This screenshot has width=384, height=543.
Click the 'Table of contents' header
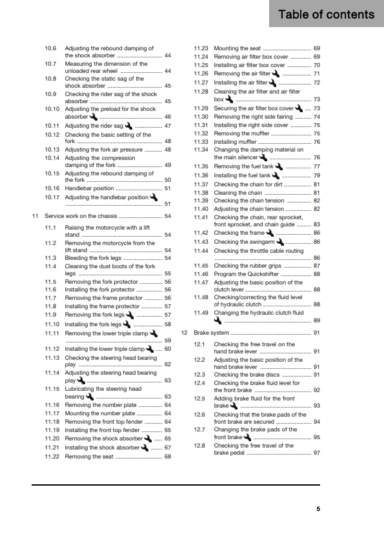[x=326, y=14]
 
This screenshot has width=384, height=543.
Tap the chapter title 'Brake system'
[x=212, y=333]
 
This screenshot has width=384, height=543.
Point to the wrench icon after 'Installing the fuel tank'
[x=277, y=175]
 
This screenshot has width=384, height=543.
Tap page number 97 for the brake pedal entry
[x=316, y=453]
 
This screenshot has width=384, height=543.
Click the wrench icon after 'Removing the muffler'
[x=256, y=133]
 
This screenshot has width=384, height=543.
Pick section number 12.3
[x=200, y=375]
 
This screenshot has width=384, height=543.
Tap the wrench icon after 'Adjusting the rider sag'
[x=127, y=125]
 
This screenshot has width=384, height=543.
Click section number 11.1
[x=51, y=228]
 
